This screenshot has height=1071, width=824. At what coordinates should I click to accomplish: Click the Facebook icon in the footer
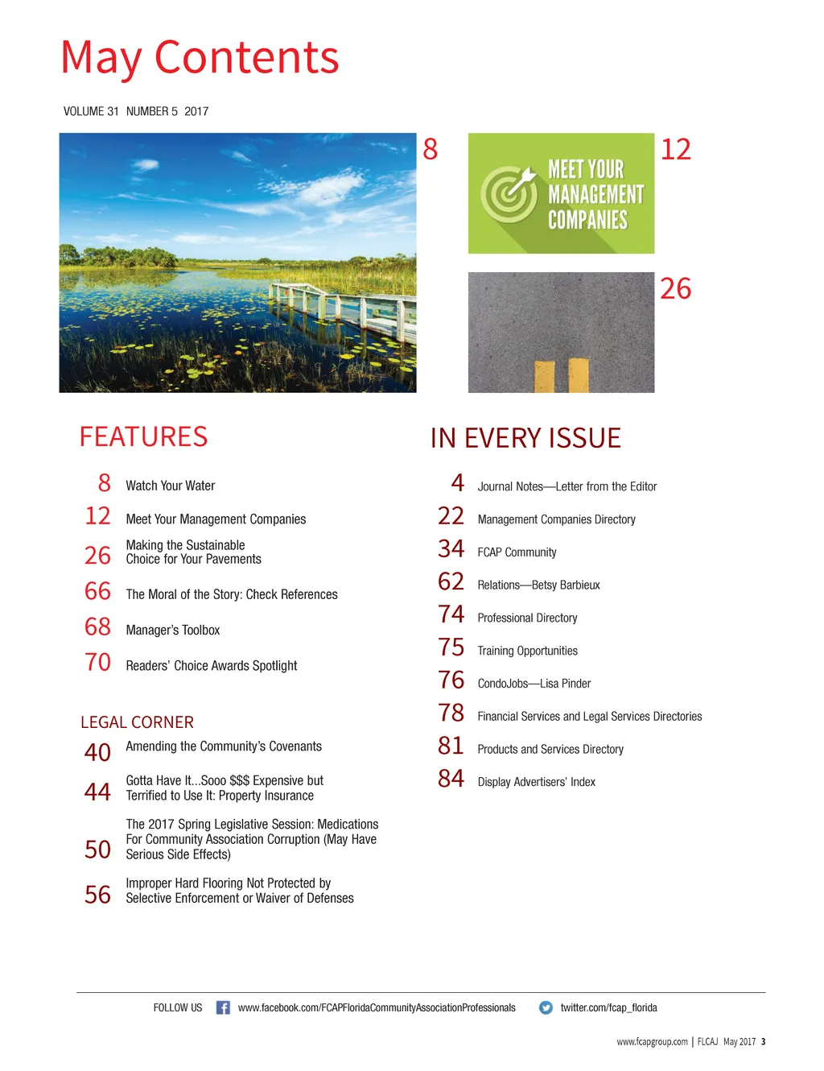tap(223, 1007)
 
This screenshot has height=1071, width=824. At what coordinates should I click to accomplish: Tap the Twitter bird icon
tap(546, 1007)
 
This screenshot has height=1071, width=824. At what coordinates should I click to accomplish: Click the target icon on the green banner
tap(508, 194)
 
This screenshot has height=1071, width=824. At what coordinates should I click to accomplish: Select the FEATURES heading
tap(143, 436)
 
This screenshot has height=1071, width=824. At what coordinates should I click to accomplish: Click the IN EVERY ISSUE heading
tap(525, 438)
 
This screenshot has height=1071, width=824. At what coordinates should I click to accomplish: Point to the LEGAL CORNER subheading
tap(137, 722)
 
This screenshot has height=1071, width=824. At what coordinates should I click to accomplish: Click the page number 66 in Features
tap(97, 592)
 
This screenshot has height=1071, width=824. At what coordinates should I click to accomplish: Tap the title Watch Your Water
tap(170, 486)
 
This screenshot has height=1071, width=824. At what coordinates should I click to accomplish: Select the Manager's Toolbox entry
tap(172, 630)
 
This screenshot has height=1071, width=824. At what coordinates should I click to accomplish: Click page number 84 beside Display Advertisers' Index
tap(451, 779)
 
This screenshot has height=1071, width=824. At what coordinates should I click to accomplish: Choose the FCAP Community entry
tap(517, 552)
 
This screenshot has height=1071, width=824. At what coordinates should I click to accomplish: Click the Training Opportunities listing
tap(527, 651)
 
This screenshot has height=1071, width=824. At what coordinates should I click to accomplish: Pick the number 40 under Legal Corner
tap(97, 752)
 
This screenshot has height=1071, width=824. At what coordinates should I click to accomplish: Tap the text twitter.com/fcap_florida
tap(608, 1007)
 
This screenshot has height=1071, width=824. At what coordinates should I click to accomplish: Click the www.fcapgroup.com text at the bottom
tap(652, 1042)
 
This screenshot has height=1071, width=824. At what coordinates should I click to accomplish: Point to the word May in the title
tap(101, 59)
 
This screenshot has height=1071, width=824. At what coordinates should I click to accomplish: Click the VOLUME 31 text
tap(91, 111)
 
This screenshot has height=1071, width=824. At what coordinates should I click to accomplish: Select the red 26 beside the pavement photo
tap(675, 288)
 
